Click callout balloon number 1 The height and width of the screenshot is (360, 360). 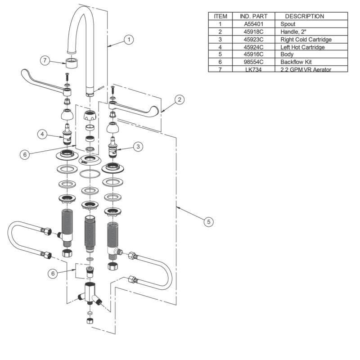click(129, 40)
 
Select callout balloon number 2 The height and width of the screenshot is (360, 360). click(179, 100)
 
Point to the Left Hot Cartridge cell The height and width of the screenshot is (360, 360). click(302, 47)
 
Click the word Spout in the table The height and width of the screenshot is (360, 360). click(288, 24)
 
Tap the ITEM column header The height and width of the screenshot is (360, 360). click(220, 16)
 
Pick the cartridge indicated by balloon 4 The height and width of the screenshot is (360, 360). click(67, 135)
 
